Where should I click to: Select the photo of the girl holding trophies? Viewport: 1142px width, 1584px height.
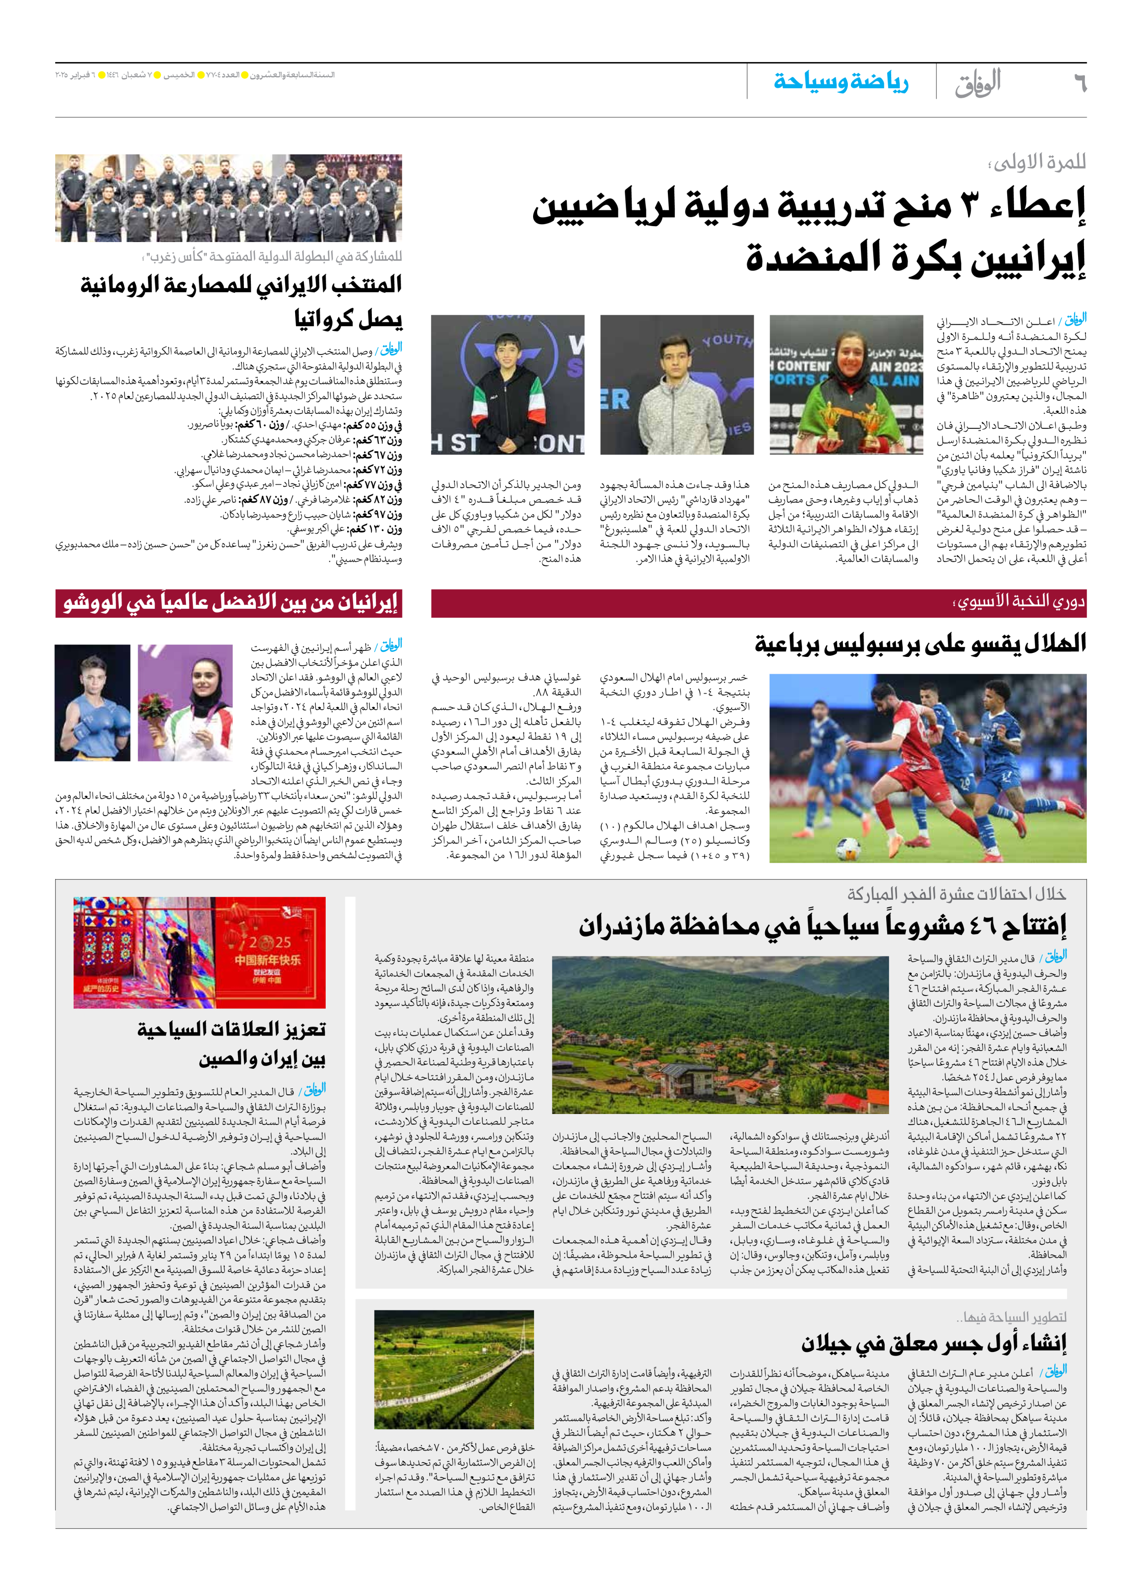846,385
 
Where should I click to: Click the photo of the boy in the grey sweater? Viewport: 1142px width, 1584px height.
676,385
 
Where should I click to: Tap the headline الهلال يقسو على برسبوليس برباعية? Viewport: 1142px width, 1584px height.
920,643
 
